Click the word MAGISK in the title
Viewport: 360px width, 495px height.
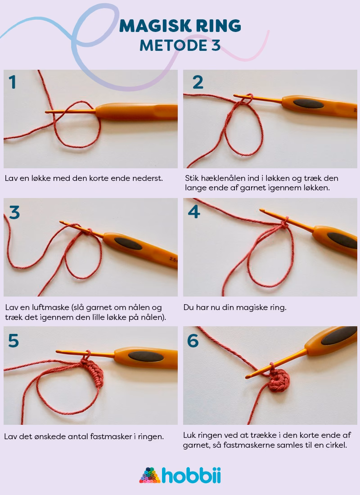149,26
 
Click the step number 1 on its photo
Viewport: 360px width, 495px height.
13,82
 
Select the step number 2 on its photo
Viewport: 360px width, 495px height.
198,82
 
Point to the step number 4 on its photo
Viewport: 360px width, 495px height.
194,211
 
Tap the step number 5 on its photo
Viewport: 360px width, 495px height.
13,341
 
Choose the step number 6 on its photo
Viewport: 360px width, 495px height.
193,341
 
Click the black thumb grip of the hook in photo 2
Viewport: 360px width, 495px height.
308,104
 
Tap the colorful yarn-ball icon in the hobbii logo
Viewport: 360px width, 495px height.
149,475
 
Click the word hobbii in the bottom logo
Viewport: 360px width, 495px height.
191,475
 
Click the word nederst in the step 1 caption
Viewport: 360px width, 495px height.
147,178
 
